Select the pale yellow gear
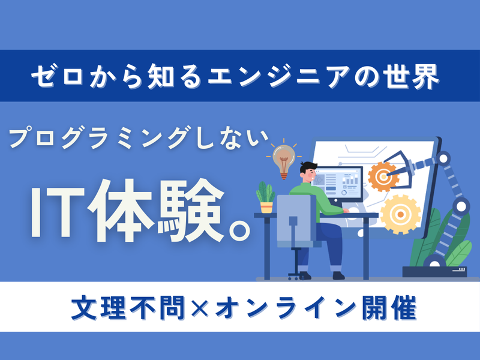click(x=400, y=214)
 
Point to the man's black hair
click(x=307, y=167)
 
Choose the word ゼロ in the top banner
click(x=55, y=77)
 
